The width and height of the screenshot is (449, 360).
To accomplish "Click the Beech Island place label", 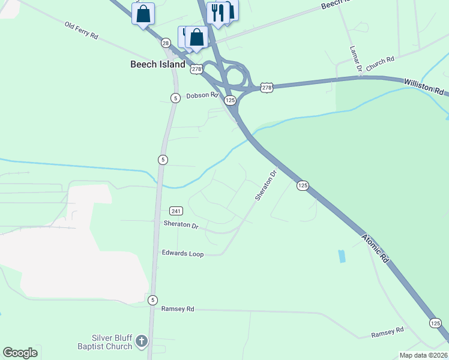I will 158,64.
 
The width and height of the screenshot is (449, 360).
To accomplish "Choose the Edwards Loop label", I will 182,254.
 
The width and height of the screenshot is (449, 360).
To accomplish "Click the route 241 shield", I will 176,211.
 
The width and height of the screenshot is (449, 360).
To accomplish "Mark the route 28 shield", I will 166,43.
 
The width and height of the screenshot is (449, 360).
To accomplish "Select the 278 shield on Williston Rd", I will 267,88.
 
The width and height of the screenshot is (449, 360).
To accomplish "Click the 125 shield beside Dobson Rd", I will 230,101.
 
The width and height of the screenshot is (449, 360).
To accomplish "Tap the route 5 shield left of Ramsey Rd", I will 153,300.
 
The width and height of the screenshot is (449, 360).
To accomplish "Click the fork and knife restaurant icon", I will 217,12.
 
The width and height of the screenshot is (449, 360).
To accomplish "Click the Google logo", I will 20,353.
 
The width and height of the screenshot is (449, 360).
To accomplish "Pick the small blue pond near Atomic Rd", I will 342,256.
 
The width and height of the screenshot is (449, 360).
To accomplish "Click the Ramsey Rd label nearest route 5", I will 178,309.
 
